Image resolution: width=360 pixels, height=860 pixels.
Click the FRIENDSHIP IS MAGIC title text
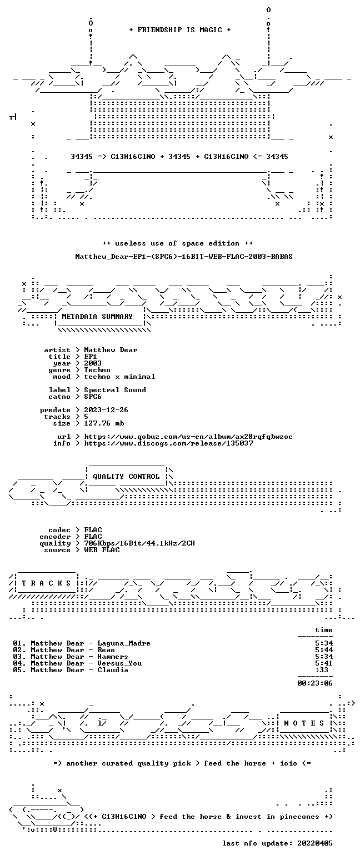pos(179,30)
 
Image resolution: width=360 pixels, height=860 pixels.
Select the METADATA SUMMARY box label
pos(97,316)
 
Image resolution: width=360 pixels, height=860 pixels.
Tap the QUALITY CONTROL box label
pos(126,477)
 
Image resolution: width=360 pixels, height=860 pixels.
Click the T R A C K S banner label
pos(47,583)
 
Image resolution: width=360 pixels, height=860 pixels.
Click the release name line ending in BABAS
pos(184,257)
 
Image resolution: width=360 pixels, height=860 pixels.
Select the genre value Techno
pos(97,370)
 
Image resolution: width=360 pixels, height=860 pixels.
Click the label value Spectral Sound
pos(115,390)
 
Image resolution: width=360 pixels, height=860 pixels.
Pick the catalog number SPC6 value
pos(93,397)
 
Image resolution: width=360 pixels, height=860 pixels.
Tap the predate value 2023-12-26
pos(106,410)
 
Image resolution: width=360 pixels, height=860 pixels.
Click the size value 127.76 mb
pos(104,423)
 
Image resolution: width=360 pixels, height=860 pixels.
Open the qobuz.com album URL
pos(188,437)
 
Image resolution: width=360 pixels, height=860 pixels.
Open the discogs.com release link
pos(168,443)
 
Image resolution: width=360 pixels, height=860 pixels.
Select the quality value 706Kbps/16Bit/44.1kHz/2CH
pos(139,543)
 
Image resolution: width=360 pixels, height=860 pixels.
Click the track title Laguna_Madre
pos(123,643)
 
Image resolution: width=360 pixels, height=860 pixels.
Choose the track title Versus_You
pos(119,663)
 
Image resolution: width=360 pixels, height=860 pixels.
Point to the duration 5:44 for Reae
pos(324,650)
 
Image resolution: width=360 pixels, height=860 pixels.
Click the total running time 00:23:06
pos(315,683)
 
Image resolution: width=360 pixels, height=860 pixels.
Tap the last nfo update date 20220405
pos(315,843)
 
